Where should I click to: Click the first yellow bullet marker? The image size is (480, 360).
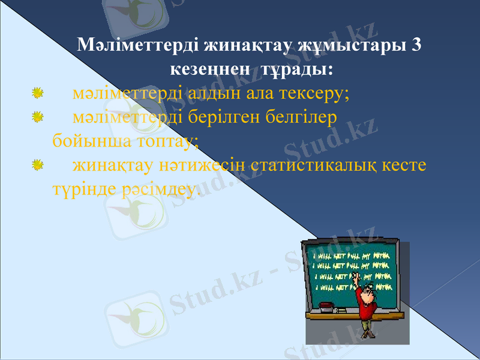37,93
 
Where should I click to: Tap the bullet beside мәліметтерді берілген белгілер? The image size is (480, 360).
37,116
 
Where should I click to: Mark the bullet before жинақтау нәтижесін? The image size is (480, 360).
37,164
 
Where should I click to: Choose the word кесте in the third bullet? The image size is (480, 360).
409,164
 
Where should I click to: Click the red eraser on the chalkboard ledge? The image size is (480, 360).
326,305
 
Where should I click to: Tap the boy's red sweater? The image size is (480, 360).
366,300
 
